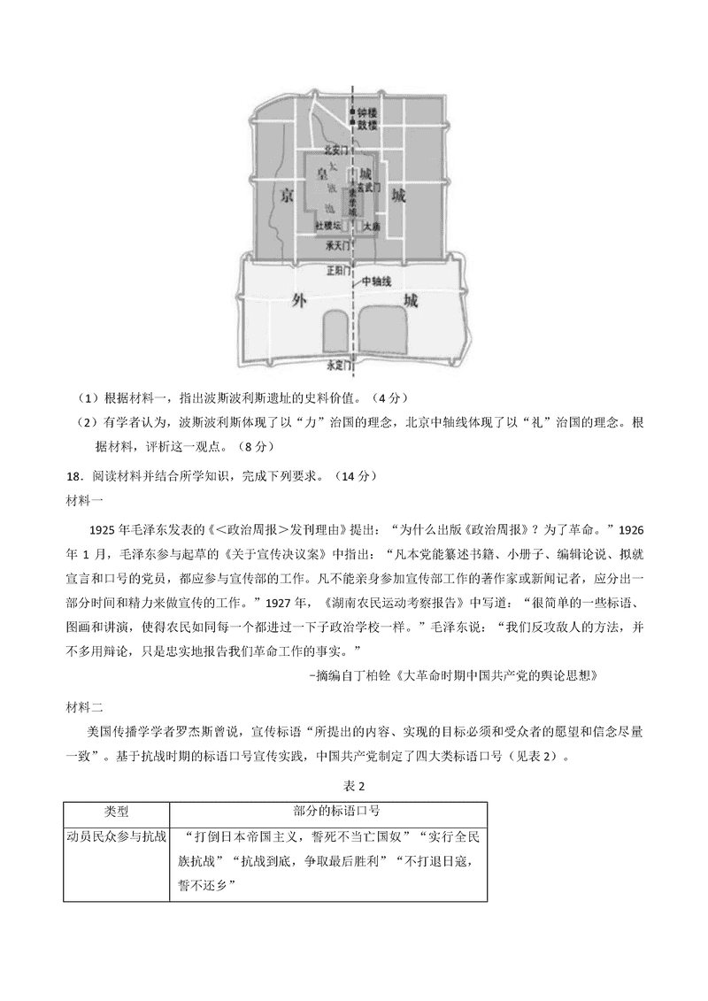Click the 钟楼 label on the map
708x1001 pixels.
pos(368,113)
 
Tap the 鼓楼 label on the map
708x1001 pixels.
pos(368,126)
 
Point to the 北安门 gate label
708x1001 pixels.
pos(338,150)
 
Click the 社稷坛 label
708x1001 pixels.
pos(328,227)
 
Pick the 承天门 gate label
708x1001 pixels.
pos(338,244)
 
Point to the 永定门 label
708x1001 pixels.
pos(340,364)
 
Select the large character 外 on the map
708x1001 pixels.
pos(299,300)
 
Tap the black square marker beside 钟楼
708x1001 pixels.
pos(351,113)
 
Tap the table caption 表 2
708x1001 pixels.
pos(354,786)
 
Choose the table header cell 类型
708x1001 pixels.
pos(116,811)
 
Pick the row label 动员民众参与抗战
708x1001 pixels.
pos(116,835)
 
